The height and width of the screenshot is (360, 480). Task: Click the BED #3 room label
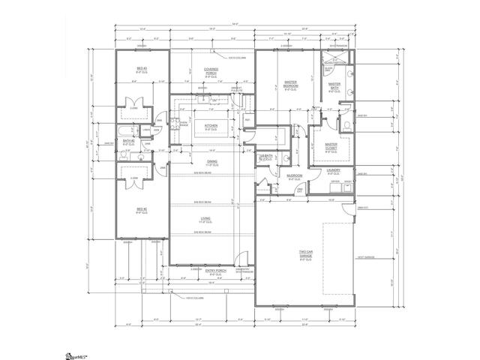(140, 70)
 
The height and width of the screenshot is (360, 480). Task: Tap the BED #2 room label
(140, 211)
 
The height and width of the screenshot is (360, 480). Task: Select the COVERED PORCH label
(211, 71)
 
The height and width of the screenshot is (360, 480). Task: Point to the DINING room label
(212, 162)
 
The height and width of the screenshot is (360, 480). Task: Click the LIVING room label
(205, 219)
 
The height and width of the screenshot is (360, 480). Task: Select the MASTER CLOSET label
(331, 147)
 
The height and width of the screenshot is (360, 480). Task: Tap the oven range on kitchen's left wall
(173, 124)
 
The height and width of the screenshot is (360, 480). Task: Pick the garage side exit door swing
(352, 210)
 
